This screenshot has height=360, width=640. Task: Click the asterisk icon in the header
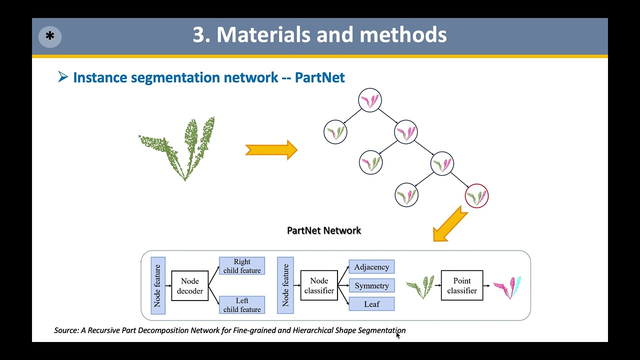50,37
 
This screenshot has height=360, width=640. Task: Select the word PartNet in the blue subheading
319,77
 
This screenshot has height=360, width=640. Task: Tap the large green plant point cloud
180,147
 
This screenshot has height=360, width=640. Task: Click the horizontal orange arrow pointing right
271,150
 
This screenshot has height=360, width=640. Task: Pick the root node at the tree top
370,100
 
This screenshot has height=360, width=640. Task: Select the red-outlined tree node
476,196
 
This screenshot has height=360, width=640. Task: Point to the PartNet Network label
324,230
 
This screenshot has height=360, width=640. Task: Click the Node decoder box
190,286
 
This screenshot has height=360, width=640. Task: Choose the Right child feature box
242,266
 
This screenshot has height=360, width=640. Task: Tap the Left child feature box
242,305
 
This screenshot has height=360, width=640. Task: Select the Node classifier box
319,285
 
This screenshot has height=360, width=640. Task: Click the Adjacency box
371,267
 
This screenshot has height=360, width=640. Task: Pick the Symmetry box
371,285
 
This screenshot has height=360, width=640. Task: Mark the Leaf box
371,304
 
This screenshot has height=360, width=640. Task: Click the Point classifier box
462,285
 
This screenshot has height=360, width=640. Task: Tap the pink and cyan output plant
507,287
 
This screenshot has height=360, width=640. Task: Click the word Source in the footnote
66,330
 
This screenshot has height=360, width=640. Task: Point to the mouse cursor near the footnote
398,335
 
